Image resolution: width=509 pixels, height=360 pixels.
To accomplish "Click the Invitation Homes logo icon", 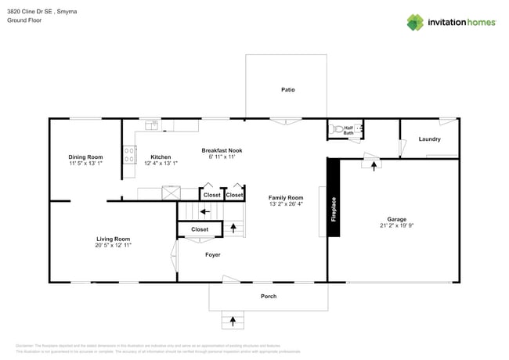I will pyautogui.click(x=415, y=22).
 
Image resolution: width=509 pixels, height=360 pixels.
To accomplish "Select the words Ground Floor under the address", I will pyautogui.click(x=24, y=21).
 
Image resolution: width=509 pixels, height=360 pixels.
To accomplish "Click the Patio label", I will pyautogui.click(x=288, y=90).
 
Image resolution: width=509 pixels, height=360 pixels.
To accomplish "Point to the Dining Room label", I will pyautogui.click(x=85, y=157).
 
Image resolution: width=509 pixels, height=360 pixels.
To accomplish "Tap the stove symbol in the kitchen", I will pyautogui.click(x=128, y=156).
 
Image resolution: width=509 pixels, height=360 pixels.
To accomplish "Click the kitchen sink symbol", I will pyautogui.click(x=150, y=124).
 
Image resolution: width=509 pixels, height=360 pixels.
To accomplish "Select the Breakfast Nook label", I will pyautogui.click(x=222, y=150).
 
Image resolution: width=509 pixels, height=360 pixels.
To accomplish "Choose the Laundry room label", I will pyautogui.click(x=429, y=139).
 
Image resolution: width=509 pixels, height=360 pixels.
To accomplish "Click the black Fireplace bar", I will pyautogui.click(x=333, y=197).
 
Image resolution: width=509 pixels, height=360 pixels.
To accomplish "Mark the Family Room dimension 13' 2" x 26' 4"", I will pyautogui.click(x=285, y=204).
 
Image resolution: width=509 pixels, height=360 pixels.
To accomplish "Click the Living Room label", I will pyautogui.click(x=113, y=239).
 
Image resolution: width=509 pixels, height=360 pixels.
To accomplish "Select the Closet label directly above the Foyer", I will pyautogui.click(x=200, y=229).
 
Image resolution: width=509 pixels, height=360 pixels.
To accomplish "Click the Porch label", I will pyautogui.click(x=268, y=297).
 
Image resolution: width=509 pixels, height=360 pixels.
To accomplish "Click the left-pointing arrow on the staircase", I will pyautogui.click(x=204, y=211).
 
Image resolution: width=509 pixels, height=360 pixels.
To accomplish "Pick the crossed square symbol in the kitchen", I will pyautogui.click(x=171, y=193).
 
